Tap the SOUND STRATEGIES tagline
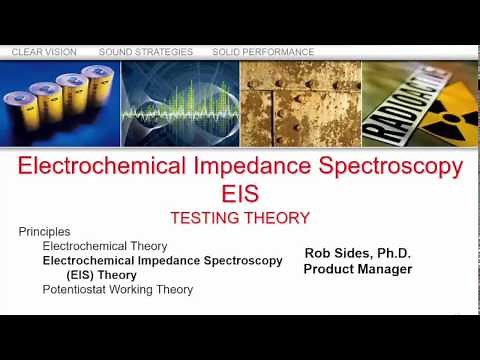pyautogui.click(x=147, y=52)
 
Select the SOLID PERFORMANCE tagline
pyautogui.click(x=263, y=52)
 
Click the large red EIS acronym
pyautogui.click(x=240, y=192)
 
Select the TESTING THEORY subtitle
pyautogui.click(x=240, y=217)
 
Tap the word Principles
pyautogui.click(x=45, y=232)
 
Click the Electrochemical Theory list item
pyautogui.click(x=104, y=246)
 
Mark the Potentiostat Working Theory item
pyautogui.click(x=117, y=290)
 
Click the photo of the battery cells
pyautogui.click(x=61, y=105)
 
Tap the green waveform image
pyautogui.click(x=180, y=105)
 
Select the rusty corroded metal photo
pyautogui.click(x=300, y=105)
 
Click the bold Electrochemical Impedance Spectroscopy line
pyautogui.click(x=162, y=260)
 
